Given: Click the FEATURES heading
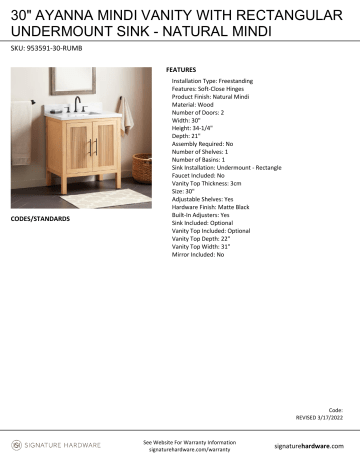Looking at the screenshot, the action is point(182,70).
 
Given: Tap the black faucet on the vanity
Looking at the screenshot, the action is point(77,103).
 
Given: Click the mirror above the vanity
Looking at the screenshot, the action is point(76,80).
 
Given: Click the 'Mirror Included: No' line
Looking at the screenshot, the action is point(199,255).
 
